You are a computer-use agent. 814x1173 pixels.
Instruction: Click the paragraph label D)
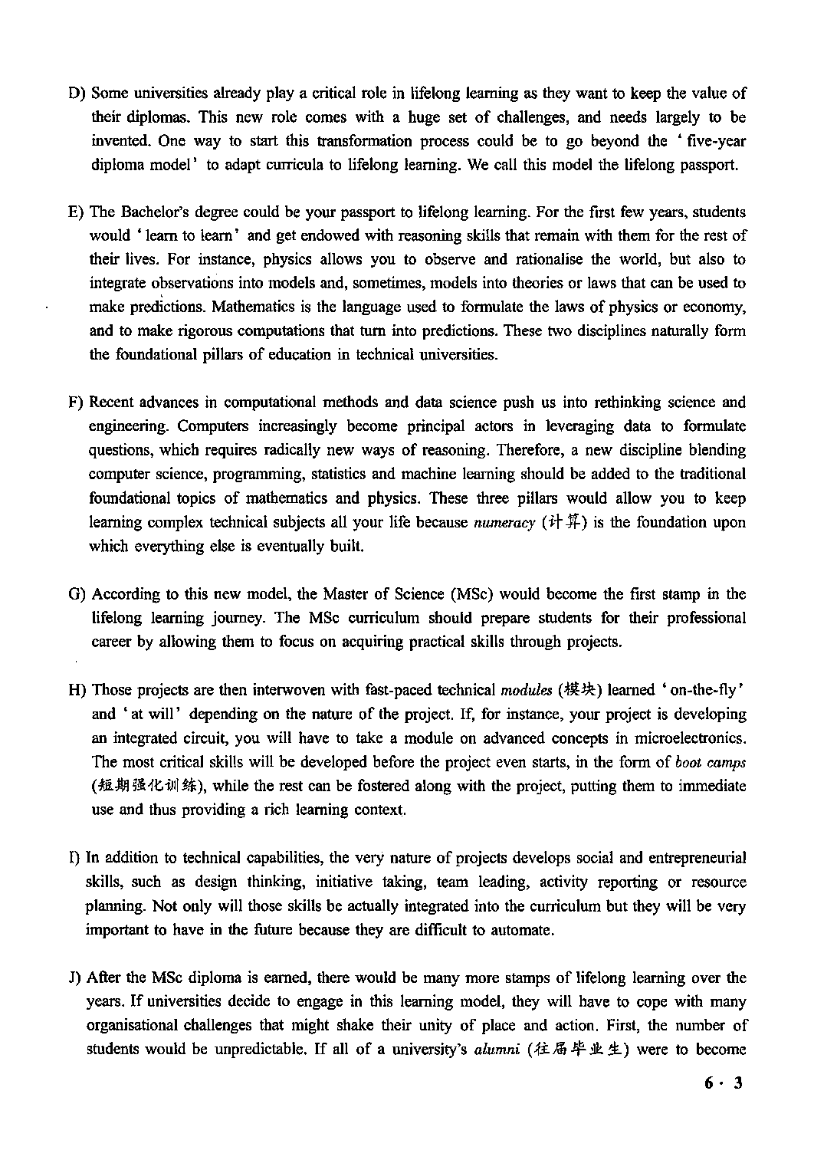(77, 94)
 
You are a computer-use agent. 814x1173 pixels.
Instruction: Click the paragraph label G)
(77, 594)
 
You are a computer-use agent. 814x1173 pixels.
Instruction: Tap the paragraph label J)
(75, 978)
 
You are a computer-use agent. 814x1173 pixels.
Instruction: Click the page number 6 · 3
(724, 1083)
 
